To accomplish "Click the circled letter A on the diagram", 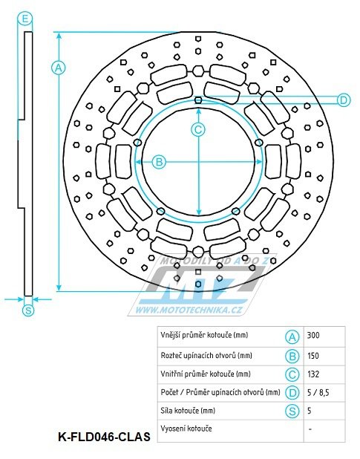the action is point(59,68).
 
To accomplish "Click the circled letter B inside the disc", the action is point(159,162).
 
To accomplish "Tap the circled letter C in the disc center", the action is point(198,129).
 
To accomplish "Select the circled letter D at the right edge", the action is point(344,100).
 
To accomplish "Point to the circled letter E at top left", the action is point(25,19).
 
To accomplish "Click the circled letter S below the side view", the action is point(28,310).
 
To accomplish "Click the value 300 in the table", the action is point(313,336).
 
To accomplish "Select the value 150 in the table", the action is point(313,356).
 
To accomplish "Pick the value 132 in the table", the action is point(313,374).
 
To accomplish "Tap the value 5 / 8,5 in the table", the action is point(318,393).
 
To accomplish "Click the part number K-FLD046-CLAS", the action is point(105,437).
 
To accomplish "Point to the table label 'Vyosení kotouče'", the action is point(186,429).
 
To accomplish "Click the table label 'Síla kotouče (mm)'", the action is point(188,411).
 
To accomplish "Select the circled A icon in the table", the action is point(292,337).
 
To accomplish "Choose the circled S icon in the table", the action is point(292,411).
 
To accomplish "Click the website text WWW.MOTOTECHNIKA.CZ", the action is point(192,310).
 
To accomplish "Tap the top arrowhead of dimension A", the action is point(59,35).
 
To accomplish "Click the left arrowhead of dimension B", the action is point(138,162).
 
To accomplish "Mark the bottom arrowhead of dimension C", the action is point(199,212).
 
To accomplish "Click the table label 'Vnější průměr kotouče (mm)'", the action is point(204,335).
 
